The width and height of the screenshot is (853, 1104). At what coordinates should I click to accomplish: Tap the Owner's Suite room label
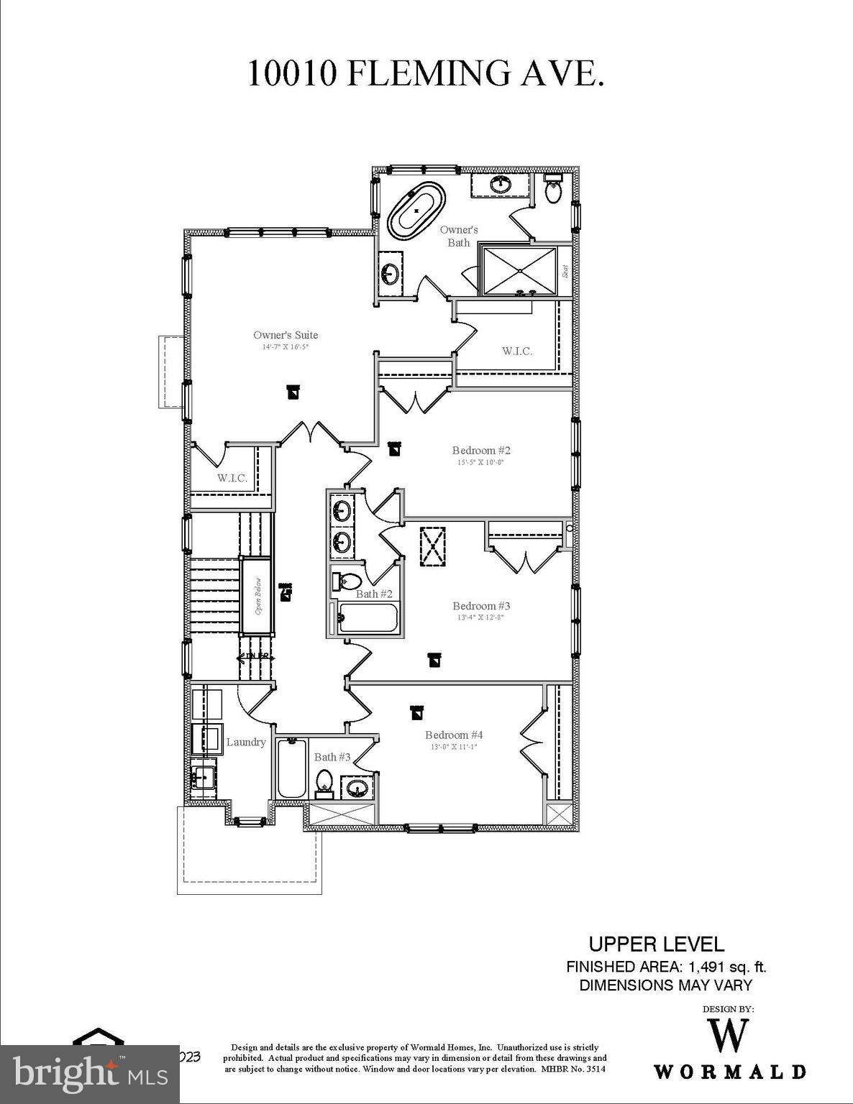point(286,335)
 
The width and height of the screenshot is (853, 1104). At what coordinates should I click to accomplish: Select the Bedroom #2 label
point(481,451)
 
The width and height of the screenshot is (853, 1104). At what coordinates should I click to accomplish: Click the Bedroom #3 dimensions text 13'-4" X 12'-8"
point(481,617)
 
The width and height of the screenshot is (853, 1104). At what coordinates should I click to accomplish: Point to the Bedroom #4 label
point(454,735)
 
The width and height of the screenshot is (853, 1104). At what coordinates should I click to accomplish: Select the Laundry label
point(246,742)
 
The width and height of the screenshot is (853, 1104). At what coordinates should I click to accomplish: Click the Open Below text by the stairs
point(257,596)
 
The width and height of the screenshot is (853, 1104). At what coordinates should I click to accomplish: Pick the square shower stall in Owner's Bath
point(519,270)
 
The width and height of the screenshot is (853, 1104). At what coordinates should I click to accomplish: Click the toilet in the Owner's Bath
point(553,191)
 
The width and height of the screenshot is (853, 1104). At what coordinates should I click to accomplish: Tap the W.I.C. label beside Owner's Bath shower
point(517,351)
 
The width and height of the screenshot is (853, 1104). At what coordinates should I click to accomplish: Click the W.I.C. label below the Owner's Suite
point(232,478)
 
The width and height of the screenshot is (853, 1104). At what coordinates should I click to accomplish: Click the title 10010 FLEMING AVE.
point(426,73)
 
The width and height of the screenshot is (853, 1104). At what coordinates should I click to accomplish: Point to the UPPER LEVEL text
point(656,944)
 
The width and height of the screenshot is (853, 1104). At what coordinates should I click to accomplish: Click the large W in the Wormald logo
point(729,1036)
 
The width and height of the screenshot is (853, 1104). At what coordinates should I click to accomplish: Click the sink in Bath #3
point(355,788)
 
